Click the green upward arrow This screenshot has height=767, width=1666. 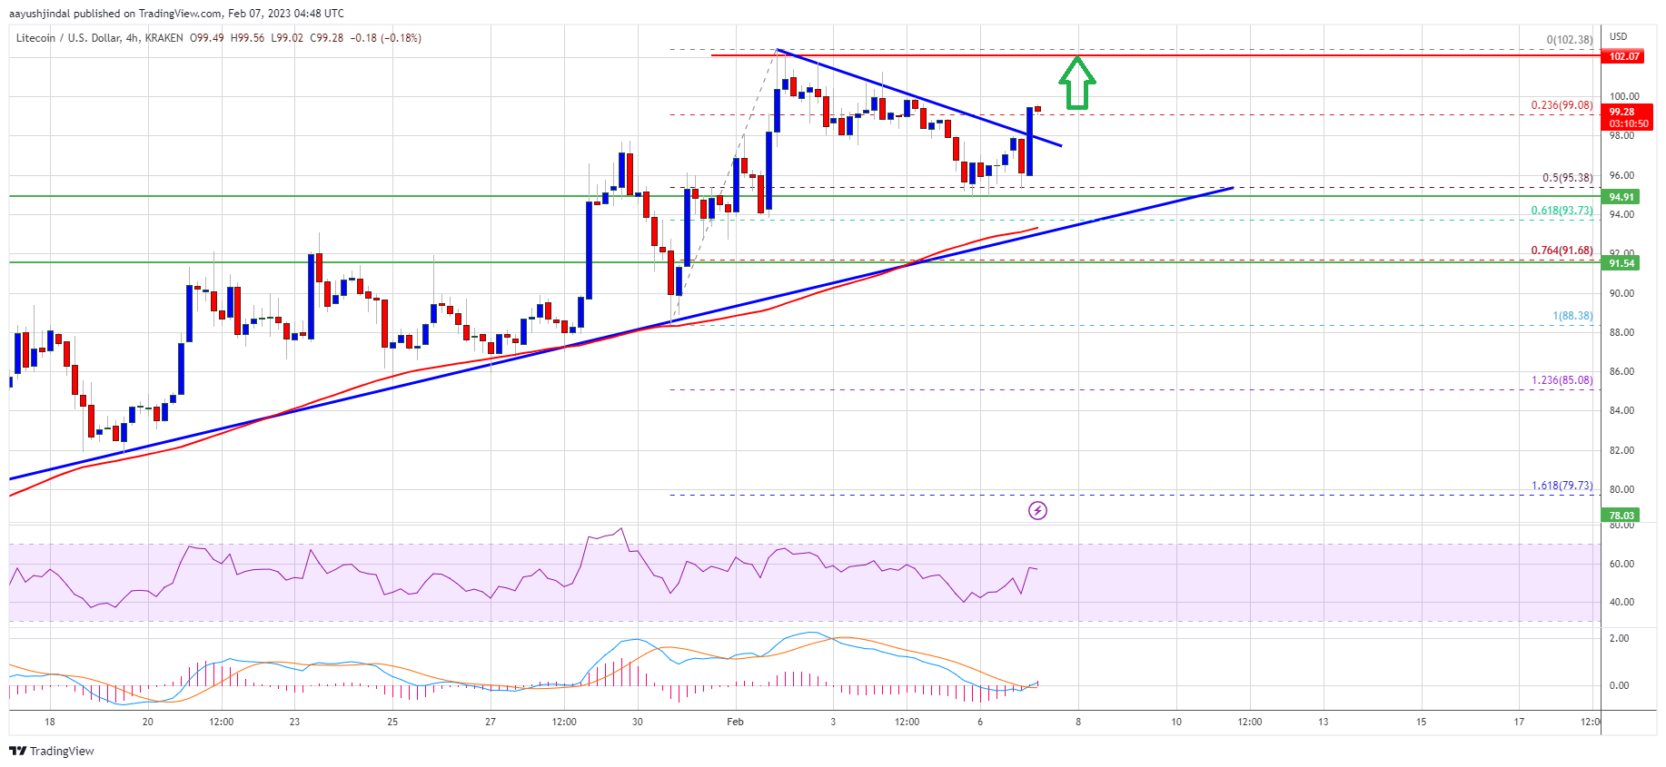[x=1076, y=84]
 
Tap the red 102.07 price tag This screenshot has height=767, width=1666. [x=1624, y=56]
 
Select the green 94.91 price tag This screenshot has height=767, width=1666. [x=1621, y=197]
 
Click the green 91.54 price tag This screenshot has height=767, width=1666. [x=1621, y=263]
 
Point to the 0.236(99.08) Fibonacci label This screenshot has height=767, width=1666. [x=1562, y=105]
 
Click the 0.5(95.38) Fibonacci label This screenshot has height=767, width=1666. [x=1567, y=178]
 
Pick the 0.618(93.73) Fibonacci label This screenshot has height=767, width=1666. [x=1562, y=211]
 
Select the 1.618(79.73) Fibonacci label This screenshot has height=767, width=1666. [x=1562, y=486]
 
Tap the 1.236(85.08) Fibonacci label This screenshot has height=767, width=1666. [x=1562, y=380]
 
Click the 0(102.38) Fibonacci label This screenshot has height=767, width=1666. [x=1570, y=40]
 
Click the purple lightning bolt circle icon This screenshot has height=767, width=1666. [x=1037, y=511]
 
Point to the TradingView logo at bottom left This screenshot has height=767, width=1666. [x=52, y=751]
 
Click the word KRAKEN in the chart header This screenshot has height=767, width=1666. [x=164, y=38]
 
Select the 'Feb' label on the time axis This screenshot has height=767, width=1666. [x=735, y=723]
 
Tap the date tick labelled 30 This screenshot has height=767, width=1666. [x=638, y=723]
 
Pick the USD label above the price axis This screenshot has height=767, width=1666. [x=1618, y=37]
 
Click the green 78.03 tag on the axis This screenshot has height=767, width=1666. [x=1621, y=516]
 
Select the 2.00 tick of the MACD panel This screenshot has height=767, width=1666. [x=1619, y=638]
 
